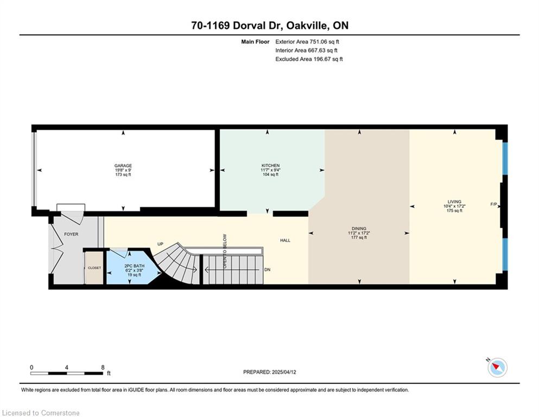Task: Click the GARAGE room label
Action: (x=123, y=166)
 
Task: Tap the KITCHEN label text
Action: (x=270, y=166)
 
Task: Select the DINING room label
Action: (x=359, y=229)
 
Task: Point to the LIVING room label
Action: (x=454, y=202)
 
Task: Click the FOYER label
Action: (x=71, y=234)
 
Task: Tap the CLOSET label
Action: (x=94, y=268)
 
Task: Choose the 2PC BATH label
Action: (x=135, y=266)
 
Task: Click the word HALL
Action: (x=285, y=241)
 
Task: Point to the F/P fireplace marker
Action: (x=493, y=204)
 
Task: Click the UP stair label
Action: (x=160, y=244)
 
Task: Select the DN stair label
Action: (x=268, y=269)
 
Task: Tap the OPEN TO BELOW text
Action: (x=225, y=251)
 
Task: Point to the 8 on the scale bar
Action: (x=103, y=367)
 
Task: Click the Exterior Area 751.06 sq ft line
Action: (x=307, y=42)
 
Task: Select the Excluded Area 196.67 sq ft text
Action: (x=309, y=59)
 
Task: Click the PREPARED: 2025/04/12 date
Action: (x=269, y=372)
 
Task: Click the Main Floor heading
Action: (x=255, y=42)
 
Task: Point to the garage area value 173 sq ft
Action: (x=123, y=175)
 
